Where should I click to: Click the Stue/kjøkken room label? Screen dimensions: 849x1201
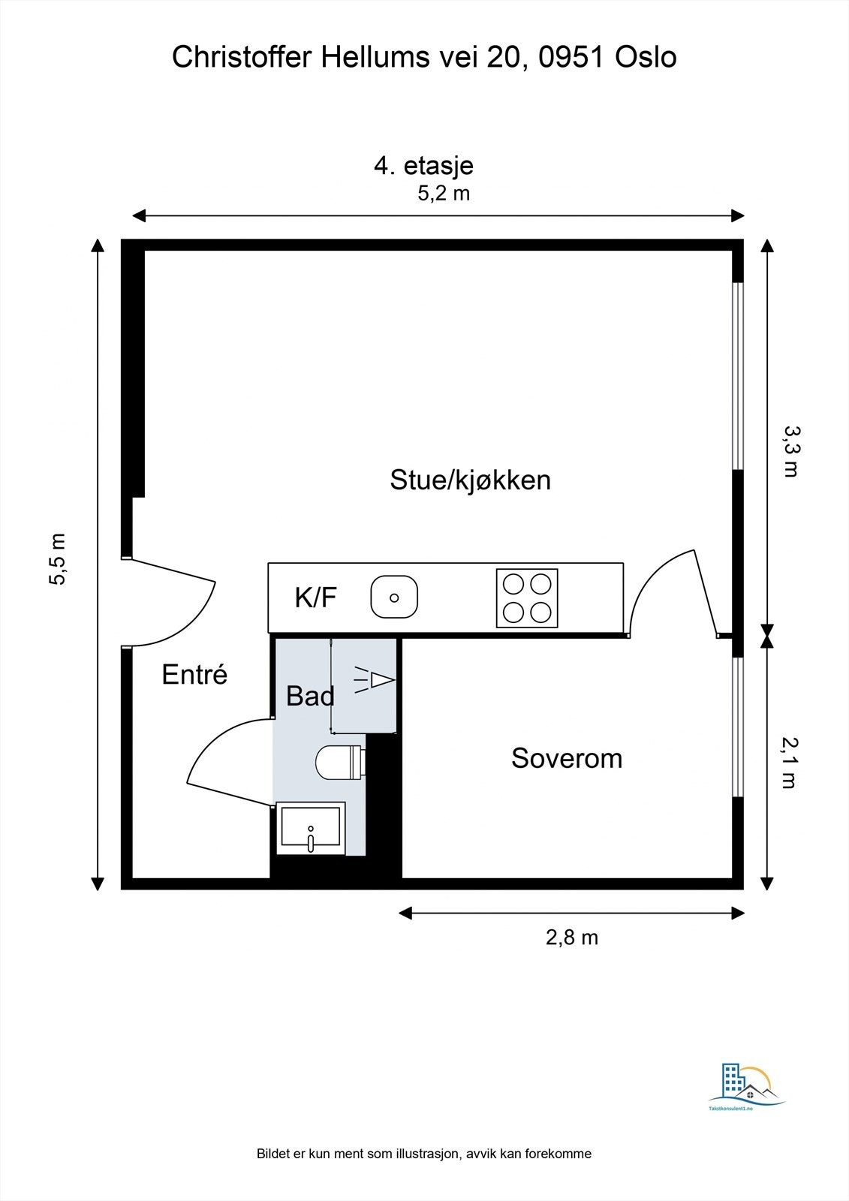[471, 480]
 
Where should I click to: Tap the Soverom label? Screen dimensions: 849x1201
[567, 758]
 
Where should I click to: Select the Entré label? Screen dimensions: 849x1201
[194, 674]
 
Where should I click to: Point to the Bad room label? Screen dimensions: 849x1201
[311, 696]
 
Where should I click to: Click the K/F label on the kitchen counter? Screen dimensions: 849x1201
[316, 597]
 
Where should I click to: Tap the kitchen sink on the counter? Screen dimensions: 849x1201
[394, 597]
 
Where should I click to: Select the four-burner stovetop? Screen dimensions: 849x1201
[527, 597]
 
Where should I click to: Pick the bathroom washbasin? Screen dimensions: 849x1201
[310, 829]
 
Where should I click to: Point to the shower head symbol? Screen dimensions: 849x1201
[375, 680]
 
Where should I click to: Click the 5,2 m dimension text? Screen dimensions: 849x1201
[444, 194]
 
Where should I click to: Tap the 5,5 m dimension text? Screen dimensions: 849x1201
[58, 558]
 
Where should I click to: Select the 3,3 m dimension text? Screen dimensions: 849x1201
[791, 451]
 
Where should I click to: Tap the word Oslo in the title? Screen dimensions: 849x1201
[646, 57]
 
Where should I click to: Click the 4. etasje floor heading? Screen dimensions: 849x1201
[423, 165]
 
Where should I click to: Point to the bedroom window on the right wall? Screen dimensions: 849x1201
[738, 727]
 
